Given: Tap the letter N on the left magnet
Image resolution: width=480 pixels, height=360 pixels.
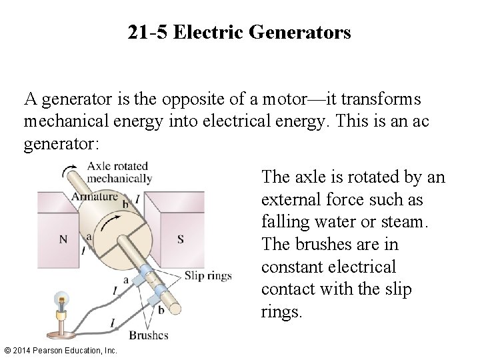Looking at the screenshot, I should (63, 239).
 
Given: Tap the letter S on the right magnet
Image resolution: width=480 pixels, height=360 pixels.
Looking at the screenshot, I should (181, 239).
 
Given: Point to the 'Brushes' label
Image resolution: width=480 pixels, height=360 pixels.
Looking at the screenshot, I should (148, 335).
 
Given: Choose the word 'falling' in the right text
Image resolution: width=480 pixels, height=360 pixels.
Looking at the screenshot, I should (283, 221).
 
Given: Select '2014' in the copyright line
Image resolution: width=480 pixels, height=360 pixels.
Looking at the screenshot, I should (21, 350).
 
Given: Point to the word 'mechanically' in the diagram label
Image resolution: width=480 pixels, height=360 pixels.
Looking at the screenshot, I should (120, 179).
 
